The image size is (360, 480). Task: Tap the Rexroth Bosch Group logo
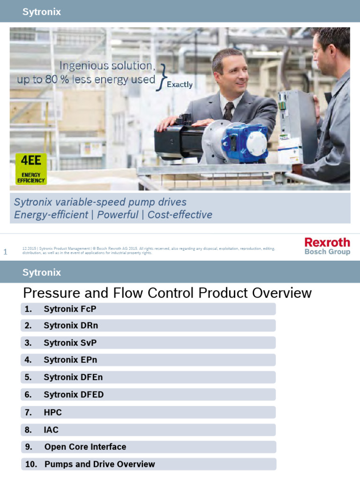click(327, 246)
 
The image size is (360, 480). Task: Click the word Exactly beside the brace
click(180, 85)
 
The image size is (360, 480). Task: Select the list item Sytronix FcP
click(70, 309)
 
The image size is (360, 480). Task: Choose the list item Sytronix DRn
click(71, 326)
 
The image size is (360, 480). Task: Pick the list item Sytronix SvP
click(70, 343)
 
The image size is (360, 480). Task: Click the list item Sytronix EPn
click(70, 360)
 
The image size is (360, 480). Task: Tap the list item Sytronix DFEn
click(73, 377)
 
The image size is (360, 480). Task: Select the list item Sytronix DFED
click(74, 395)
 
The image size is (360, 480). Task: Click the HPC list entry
click(52, 412)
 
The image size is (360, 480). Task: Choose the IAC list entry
click(51, 429)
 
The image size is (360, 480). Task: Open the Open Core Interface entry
click(85, 447)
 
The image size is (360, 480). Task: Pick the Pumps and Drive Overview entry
click(99, 464)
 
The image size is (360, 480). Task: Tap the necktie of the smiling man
click(228, 111)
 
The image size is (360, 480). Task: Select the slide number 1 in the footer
click(6, 252)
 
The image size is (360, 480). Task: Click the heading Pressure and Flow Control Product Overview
click(167, 293)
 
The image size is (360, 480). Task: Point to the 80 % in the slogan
click(58, 80)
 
